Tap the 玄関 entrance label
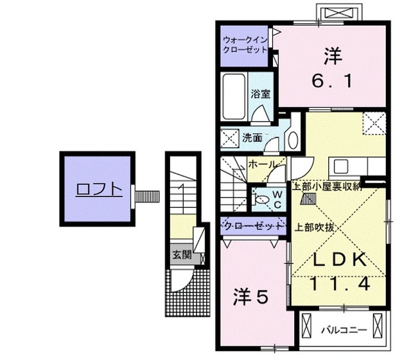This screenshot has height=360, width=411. tap(181, 254)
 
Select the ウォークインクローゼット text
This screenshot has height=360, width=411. tap(245, 44)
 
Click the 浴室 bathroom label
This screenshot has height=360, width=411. tap(260, 93)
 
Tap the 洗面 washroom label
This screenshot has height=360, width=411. tap(252, 137)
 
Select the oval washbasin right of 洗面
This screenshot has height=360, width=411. tap(292, 140)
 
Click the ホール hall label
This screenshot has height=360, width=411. tap(263, 164)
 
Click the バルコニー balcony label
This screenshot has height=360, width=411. tap(344, 330)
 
